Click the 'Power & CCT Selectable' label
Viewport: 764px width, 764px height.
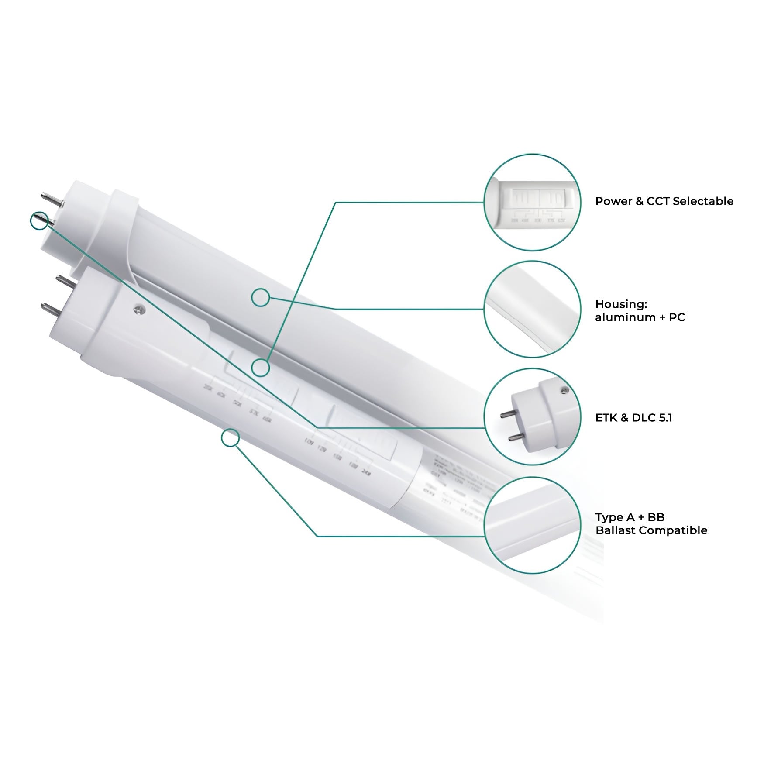[664, 201]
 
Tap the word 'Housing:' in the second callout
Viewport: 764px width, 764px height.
[621, 304]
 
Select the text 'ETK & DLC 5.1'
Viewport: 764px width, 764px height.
[633, 418]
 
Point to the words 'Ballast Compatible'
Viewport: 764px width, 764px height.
[651, 530]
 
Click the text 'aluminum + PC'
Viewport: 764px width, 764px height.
[640, 317]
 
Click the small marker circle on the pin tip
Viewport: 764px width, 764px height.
[39, 220]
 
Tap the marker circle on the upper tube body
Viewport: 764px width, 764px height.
[261, 298]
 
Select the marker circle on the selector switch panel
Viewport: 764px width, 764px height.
[261, 368]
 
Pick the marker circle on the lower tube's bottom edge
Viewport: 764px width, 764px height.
[230, 438]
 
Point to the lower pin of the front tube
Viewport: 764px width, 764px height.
[51, 311]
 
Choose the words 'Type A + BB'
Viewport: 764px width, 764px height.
[630, 517]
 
